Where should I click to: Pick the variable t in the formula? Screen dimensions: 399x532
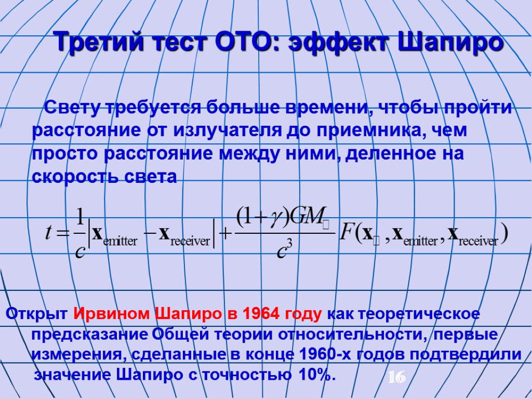coord(48,232)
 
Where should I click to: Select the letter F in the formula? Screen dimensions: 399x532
coord(348,232)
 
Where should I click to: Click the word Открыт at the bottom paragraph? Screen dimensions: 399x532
coord(36,315)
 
